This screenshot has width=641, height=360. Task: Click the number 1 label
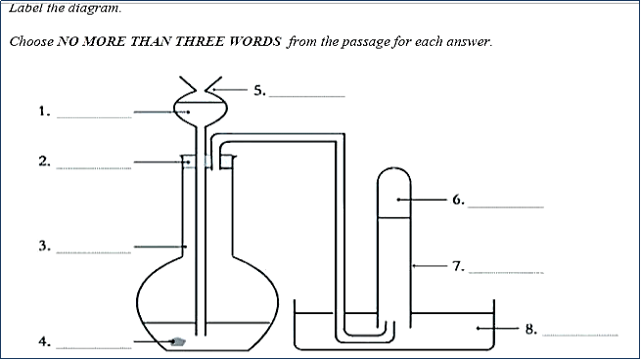[x=44, y=112]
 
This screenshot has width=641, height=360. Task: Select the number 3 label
[x=44, y=247]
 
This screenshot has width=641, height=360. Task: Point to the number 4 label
[x=44, y=341]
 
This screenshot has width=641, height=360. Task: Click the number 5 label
[x=259, y=90]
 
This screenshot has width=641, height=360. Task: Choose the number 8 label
[x=531, y=329]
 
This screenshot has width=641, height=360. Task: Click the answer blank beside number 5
[x=306, y=95]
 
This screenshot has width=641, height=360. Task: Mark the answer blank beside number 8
[x=580, y=335]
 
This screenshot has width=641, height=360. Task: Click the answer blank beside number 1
[x=93, y=117]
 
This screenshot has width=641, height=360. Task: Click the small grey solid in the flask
[x=179, y=341]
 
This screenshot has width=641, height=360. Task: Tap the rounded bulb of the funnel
[x=193, y=108]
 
